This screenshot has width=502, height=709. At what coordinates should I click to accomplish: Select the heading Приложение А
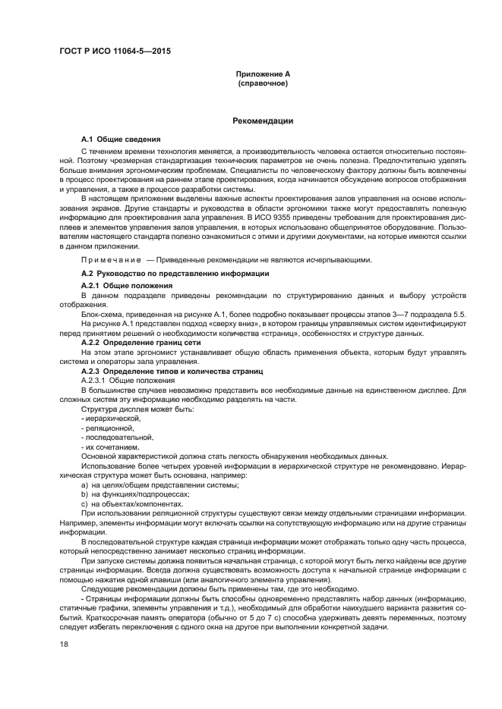coord(262,74)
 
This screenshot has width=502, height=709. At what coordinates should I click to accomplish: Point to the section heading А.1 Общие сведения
coord(120,140)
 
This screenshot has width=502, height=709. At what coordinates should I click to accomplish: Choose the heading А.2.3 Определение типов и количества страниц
coord(172,372)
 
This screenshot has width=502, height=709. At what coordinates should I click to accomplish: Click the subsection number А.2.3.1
coord(97,380)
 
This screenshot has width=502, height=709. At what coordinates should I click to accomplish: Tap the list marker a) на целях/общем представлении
coord(84,485)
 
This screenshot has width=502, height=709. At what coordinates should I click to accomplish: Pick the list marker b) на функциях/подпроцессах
coord(84,494)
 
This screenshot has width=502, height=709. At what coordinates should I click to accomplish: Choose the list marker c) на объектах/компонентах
coord(84,504)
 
